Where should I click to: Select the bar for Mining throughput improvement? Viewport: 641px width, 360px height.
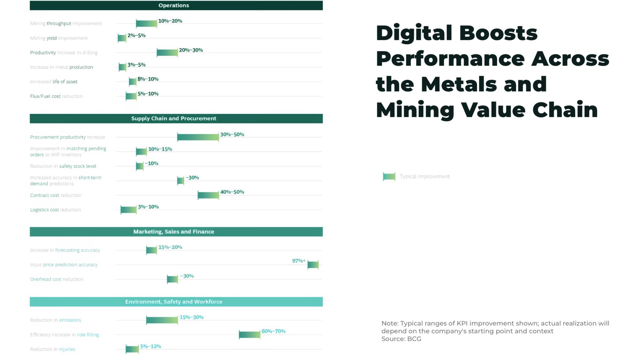(146, 23)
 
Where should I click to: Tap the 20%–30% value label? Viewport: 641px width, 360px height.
(191, 50)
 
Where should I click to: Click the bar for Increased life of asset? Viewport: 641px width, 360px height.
(133, 82)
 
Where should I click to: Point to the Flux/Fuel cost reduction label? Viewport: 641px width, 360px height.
(56, 96)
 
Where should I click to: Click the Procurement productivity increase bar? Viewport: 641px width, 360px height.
(198, 137)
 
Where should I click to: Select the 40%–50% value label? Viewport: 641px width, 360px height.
(232, 192)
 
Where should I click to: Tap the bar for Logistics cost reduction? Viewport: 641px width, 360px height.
(128, 210)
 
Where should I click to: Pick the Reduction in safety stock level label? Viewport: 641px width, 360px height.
(63, 166)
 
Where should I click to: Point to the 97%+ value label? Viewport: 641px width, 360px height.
(299, 261)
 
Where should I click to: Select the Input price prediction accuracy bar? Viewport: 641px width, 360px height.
(313, 265)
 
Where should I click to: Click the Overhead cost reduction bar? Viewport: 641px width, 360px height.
(172, 279)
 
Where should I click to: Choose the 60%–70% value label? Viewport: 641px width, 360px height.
(274, 331)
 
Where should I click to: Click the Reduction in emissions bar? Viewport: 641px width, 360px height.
(162, 320)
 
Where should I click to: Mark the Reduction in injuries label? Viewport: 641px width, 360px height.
(53, 349)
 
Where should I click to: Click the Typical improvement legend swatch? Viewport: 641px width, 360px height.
(389, 176)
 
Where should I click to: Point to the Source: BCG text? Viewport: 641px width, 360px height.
(401, 339)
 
